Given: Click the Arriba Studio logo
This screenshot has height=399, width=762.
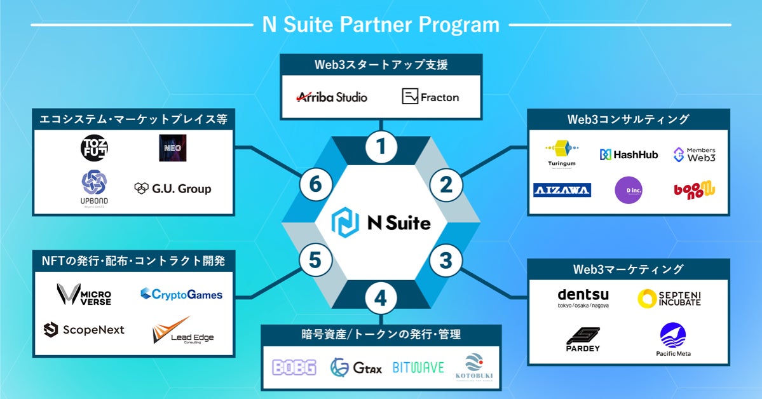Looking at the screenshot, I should pos(332,97).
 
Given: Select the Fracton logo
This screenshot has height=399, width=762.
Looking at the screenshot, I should pos(430,97).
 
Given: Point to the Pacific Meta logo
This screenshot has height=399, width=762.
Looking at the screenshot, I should pos(673,339).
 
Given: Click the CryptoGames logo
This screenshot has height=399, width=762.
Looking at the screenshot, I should pos(181,294).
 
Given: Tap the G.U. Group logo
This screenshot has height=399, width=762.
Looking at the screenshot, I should pos(172,189).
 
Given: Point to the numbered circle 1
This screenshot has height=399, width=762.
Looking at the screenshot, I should pos(381,147).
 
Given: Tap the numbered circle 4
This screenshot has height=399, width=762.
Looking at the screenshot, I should pos(380,299).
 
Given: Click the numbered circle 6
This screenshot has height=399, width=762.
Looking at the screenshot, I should pos(316,185).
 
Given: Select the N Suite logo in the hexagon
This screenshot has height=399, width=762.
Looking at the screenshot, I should pos(381,223).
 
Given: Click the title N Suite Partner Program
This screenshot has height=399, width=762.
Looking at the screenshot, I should pos(381,24).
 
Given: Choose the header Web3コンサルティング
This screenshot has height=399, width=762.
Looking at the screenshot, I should pos(628,119).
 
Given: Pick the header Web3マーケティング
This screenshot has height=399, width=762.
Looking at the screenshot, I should pos(628,269).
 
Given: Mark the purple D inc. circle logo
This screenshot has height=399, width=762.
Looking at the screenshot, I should pos(629,190).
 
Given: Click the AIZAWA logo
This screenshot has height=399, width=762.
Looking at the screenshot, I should pos(562,190).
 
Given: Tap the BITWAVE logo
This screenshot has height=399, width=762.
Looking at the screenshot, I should pos(418,367).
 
